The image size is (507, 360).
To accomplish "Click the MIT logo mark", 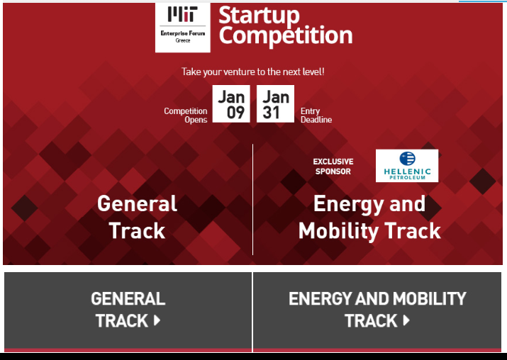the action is point(182,14).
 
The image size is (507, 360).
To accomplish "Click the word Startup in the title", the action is point(259,15).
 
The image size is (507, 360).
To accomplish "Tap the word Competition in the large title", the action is point(286,35).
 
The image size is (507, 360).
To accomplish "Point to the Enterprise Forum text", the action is point(183,33).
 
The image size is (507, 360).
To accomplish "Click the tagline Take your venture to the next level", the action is point(252,72).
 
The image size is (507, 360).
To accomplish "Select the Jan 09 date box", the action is point(231,103).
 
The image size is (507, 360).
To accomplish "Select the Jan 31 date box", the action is point(276,103).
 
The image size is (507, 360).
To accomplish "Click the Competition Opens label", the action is point(186,116).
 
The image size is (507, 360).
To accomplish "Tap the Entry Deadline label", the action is point(316,116).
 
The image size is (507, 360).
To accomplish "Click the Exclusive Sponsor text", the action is point(333,167).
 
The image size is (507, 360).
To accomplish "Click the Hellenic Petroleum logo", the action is point(407,166).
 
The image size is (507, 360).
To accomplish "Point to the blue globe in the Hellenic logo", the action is point(408,158).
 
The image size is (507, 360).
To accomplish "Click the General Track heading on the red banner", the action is point(137,217).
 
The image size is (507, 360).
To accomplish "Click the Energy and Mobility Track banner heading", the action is point(369,217).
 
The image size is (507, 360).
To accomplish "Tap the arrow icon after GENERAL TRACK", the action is point(157,320).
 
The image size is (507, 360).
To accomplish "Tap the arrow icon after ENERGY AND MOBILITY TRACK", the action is point(406,320).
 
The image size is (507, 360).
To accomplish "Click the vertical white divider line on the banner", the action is point(253,199).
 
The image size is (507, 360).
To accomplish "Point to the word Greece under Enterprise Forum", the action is point(183,40).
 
